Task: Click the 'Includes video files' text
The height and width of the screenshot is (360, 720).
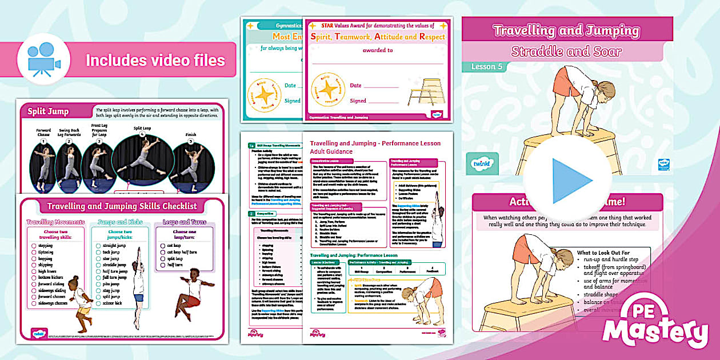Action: point(155,60)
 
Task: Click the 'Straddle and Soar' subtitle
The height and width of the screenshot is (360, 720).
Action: point(566,51)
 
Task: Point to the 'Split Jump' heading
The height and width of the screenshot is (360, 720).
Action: point(48,111)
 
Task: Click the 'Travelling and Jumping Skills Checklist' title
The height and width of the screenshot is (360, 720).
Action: point(122,206)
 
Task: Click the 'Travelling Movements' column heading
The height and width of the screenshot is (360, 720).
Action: point(55,222)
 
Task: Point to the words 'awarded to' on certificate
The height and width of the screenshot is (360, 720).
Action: point(378,50)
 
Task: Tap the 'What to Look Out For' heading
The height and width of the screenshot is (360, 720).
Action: point(611,253)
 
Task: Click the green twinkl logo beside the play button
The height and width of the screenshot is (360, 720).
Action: point(482,163)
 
